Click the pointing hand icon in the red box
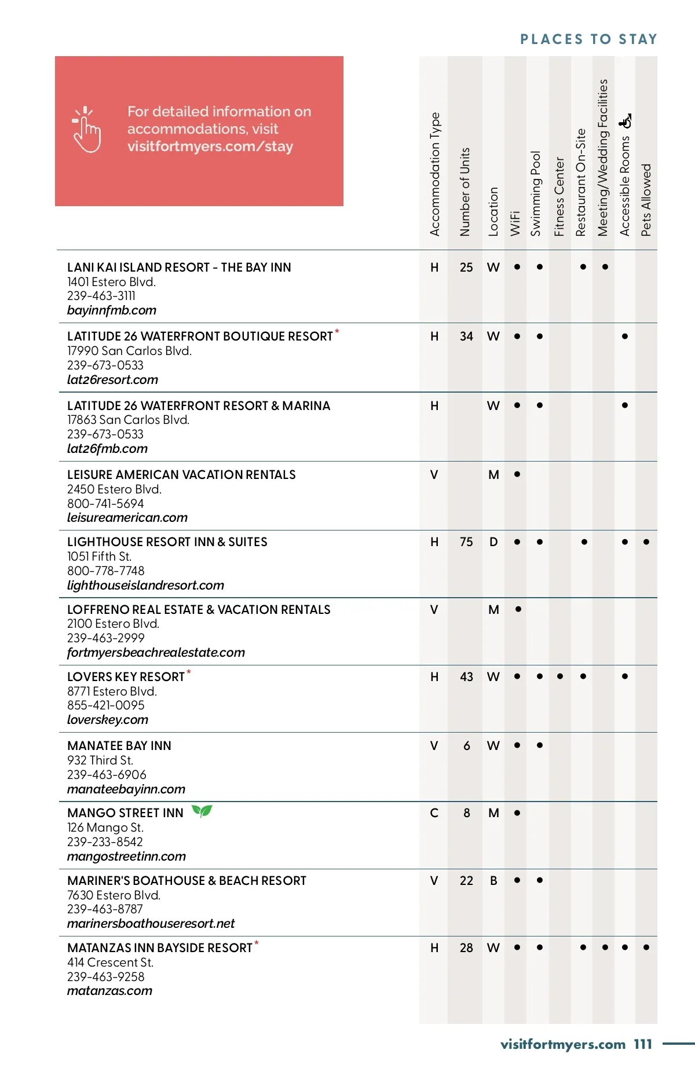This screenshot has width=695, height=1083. coord(86,130)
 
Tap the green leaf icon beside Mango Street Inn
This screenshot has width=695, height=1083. coord(202,811)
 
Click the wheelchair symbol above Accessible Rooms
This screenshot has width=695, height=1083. coord(625,121)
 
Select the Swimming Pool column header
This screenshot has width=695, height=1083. coord(536,193)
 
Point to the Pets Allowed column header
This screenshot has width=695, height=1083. coord(646,200)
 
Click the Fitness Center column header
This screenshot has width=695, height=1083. coord(559,196)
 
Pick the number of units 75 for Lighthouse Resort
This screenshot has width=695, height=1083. coord(466,542)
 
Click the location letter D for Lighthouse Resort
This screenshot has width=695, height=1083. coord(493,542)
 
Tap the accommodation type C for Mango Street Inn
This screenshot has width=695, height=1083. coord(434,813)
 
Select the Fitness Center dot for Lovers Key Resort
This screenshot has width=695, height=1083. coord(560,676)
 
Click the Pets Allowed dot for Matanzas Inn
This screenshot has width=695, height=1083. coord(646,947)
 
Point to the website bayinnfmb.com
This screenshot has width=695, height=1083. coord(112,310)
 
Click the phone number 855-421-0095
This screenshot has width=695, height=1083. coord(106,705)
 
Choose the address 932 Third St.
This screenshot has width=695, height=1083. coord(100,760)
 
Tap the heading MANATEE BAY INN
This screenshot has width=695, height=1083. coord(119,746)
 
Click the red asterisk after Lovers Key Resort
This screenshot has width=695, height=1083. coord(189,672)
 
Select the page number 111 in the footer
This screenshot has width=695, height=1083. coord(643,1044)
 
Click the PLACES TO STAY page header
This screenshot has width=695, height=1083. coord(588,39)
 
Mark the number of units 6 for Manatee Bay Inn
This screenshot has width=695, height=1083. coord(467,746)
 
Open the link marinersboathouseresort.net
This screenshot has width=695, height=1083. coord(151,924)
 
